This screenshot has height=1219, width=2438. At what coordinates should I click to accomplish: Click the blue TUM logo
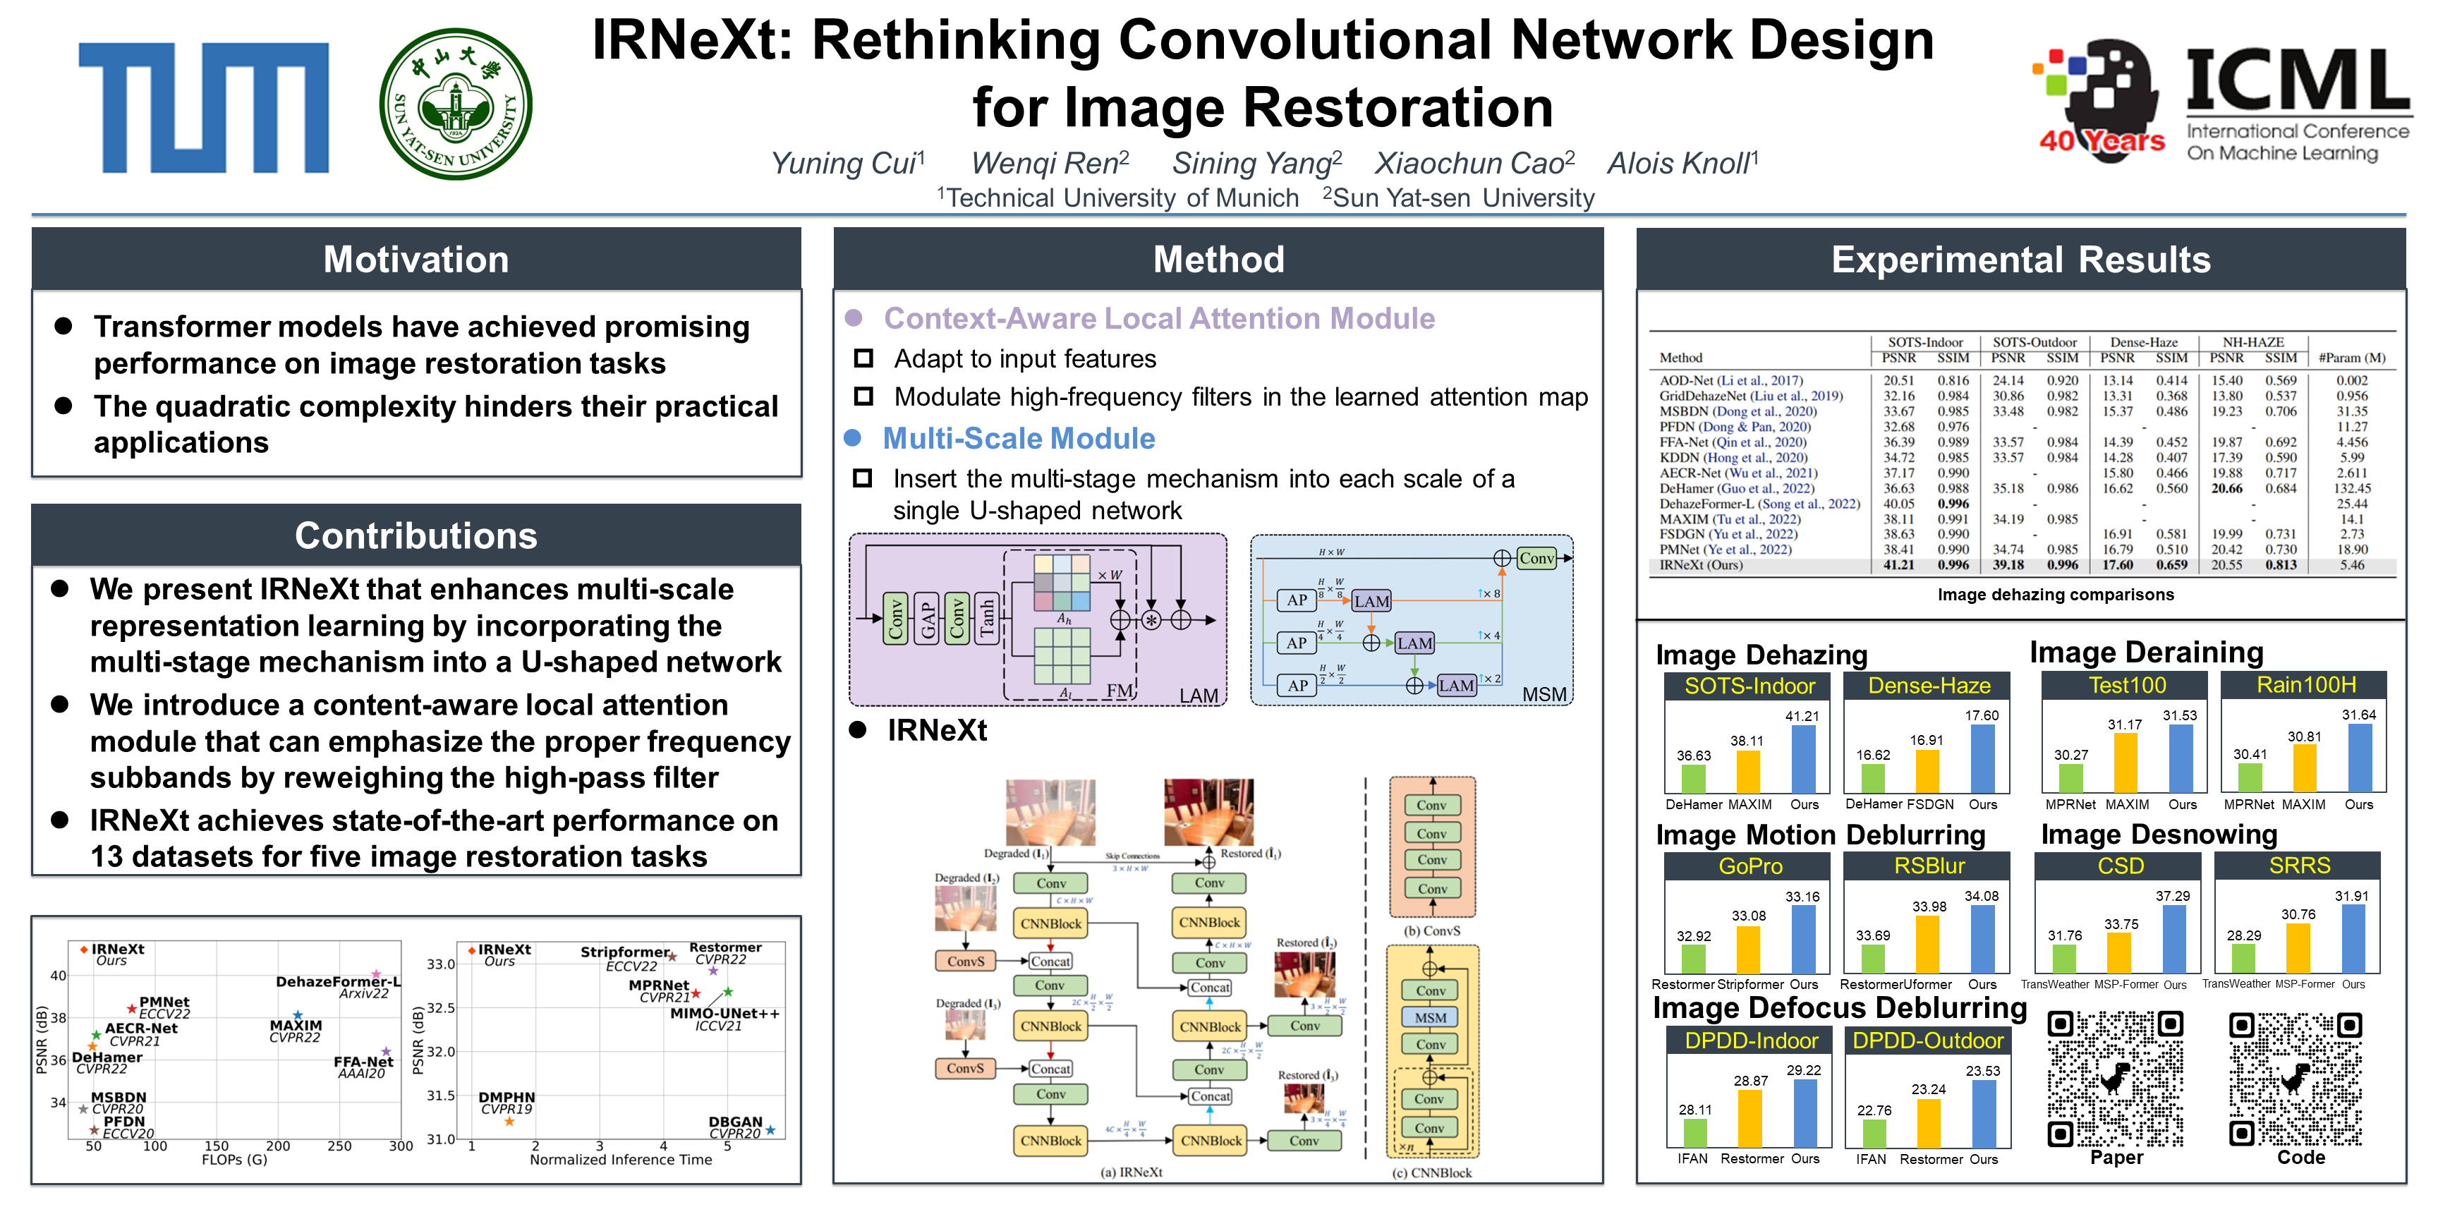[x=203, y=107]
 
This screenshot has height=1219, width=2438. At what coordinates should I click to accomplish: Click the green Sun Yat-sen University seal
[x=455, y=104]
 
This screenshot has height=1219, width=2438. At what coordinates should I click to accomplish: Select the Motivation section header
[x=416, y=260]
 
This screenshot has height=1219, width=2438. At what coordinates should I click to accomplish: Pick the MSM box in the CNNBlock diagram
[x=1430, y=1017]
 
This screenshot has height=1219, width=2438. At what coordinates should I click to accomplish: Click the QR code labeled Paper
[x=2116, y=1078]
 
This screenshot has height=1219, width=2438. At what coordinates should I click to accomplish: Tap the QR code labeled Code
[x=2296, y=1078]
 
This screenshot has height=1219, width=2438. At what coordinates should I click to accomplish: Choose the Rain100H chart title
[x=2305, y=685]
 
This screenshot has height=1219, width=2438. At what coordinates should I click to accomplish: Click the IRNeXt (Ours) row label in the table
[x=1701, y=565]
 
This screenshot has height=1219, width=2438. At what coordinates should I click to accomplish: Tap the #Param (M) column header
[x=2352, y=358]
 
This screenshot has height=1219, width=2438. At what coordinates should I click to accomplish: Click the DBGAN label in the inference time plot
[x=735, y=1122]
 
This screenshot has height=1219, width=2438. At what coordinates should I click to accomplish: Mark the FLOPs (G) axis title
[x=235, y=1159]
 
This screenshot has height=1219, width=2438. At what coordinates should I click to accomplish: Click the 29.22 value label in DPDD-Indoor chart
[x=1803, y=1070]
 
